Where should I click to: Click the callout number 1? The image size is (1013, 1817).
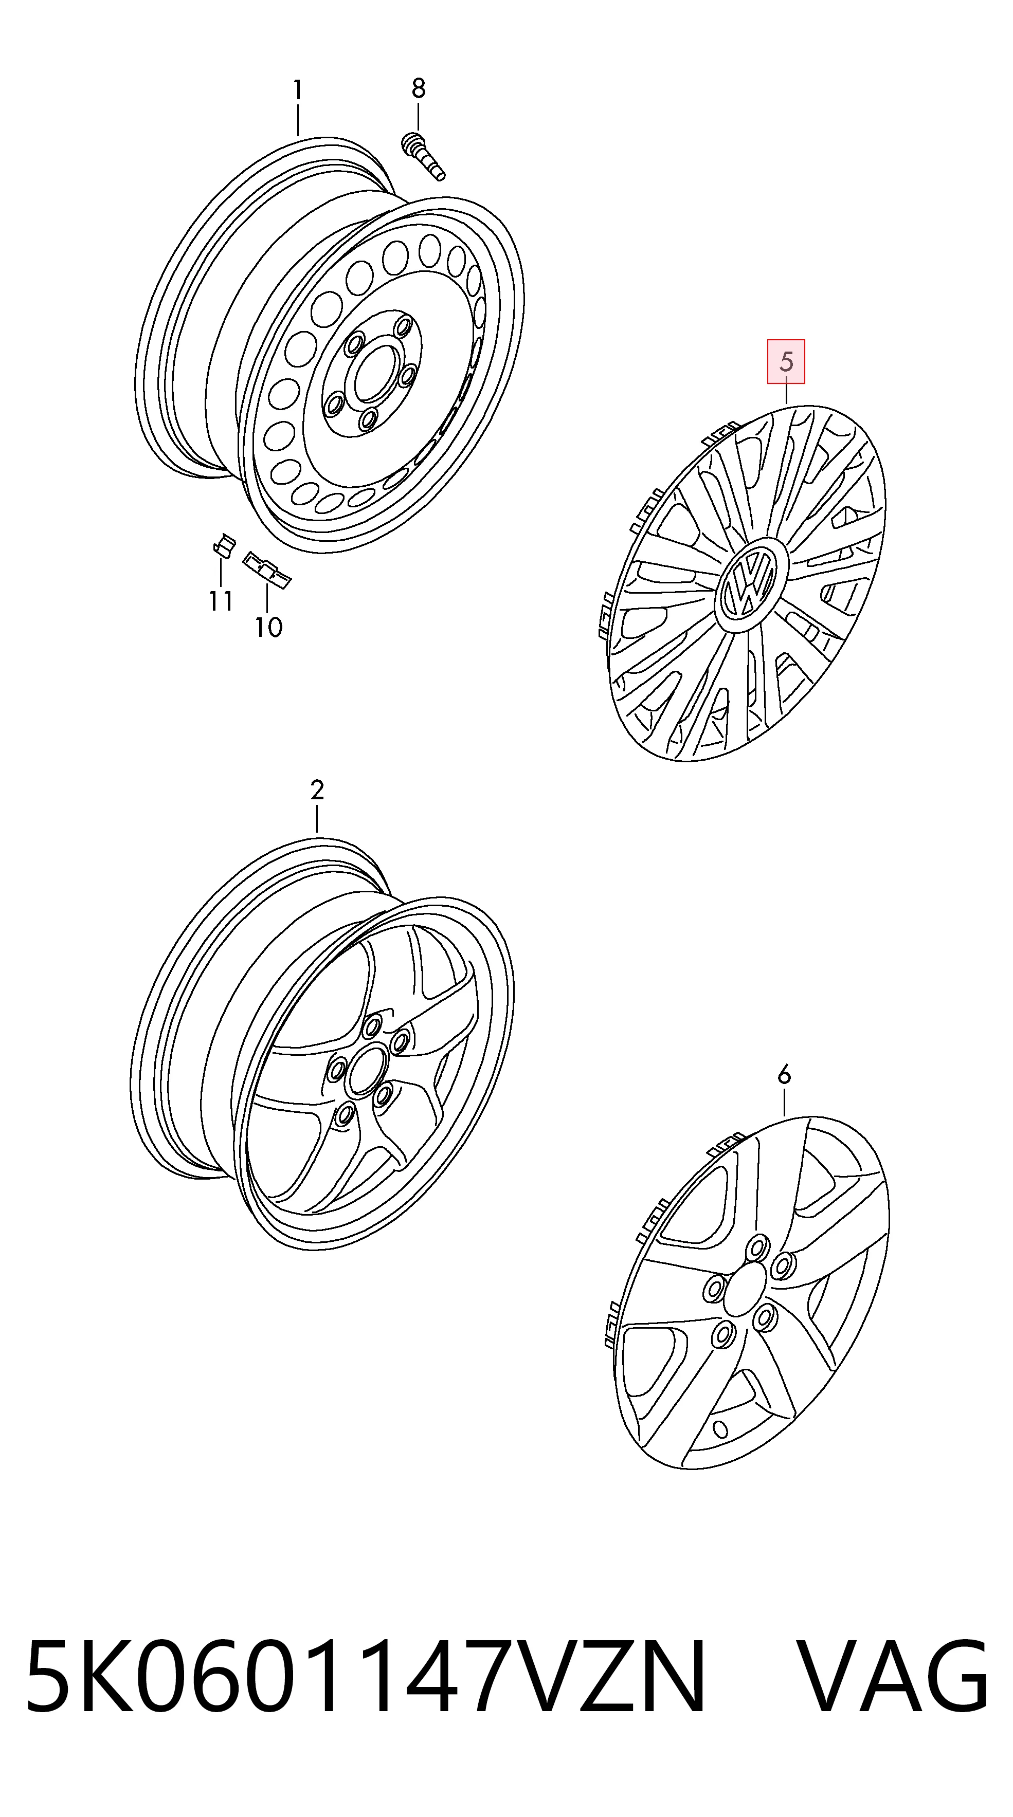(298, 90)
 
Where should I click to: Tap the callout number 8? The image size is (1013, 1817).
(419, 88)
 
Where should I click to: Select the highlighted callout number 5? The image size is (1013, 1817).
(786, 362)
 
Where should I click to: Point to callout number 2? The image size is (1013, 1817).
(317, 790)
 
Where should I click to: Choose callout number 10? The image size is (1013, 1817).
(269, 627)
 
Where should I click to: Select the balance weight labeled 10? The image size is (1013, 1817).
(267, 569)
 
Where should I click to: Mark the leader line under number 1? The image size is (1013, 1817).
(298, 119)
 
